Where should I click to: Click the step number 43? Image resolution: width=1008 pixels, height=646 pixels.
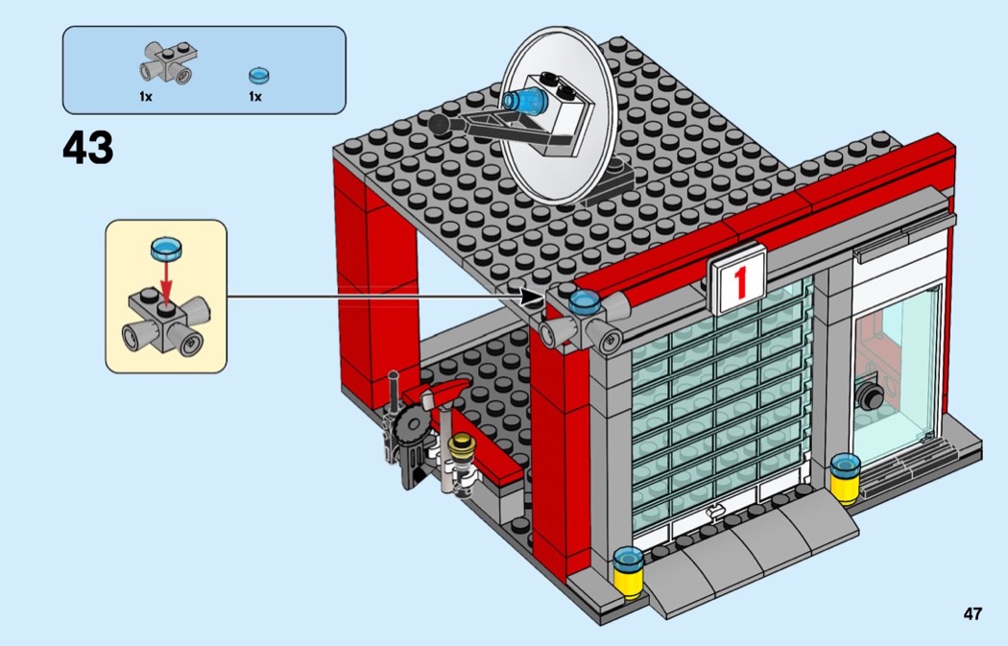87,149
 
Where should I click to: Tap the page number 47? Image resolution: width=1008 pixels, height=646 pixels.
972,614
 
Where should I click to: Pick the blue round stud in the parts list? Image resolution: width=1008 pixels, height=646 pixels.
256,75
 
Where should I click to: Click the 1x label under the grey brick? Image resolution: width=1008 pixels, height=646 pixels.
146,97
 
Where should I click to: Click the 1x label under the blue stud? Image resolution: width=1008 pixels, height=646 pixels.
255,97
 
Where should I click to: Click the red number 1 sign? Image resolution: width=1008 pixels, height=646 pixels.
738,280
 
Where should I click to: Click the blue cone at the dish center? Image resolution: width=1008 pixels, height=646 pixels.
521,99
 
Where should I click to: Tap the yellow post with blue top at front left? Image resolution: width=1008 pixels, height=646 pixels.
628,571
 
